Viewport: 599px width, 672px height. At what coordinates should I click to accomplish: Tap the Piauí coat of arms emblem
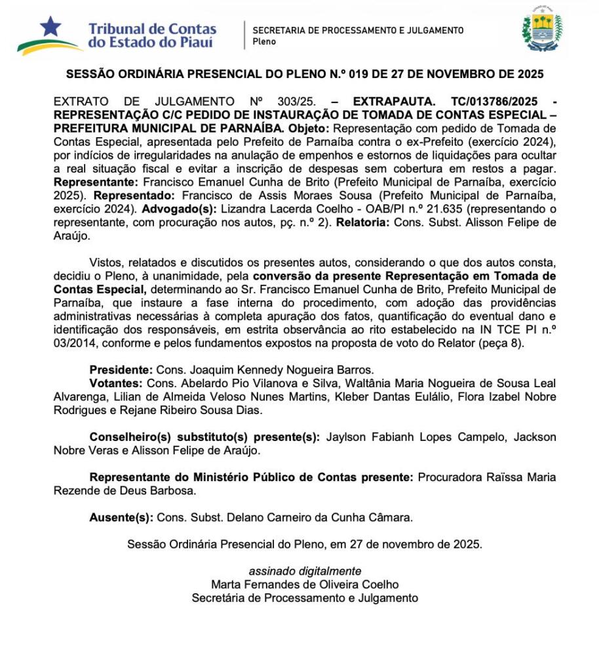coord(542,30)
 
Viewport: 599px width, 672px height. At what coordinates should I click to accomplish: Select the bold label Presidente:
coord(121,370)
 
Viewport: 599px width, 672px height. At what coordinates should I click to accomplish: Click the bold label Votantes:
coord(117,383)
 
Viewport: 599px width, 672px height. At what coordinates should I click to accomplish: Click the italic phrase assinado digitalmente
coord(304,572)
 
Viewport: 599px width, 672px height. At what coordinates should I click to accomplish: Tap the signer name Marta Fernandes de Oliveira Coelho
coord(304,584)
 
